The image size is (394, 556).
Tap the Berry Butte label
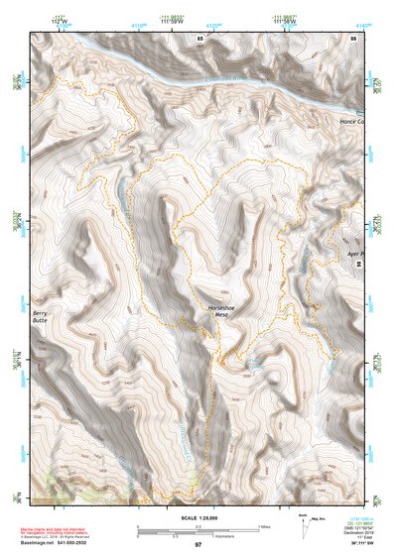pos(40,316)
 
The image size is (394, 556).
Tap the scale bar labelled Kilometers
pos(185,533)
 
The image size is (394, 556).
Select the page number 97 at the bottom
pos(197,545)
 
